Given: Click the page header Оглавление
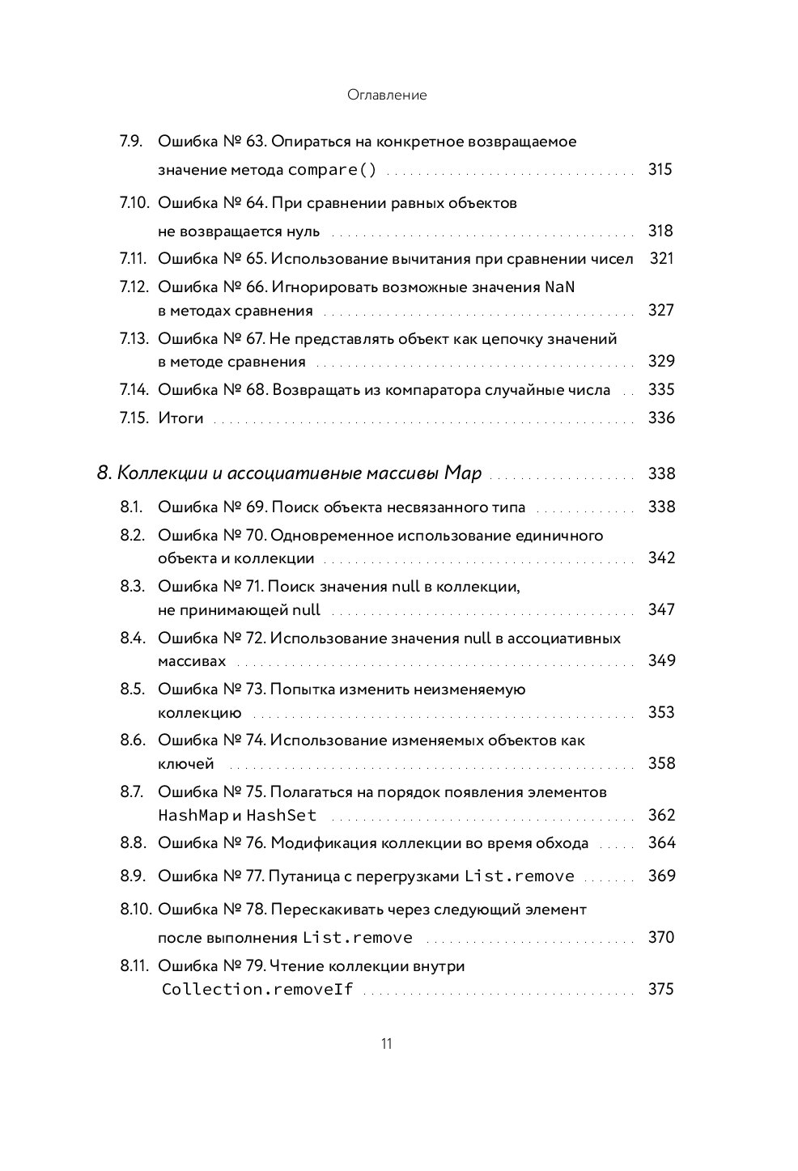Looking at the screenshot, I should (386, 95).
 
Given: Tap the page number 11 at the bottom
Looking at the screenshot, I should (386, 1043).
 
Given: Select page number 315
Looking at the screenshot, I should (660, 169).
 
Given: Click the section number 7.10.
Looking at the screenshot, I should (135, 202).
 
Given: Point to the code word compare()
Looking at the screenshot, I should (333, 170).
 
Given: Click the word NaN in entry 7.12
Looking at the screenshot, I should (559, 286).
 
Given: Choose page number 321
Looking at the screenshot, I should (661, 258).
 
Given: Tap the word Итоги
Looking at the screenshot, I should (180, 418).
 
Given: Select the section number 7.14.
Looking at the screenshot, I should (134, 389).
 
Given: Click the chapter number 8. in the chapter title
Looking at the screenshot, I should (104, 473).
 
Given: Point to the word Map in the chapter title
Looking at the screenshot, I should (464, 473).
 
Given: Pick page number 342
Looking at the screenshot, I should (661, 558).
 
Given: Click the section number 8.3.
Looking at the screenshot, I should (132, 586).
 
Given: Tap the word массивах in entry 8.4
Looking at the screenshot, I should (192, 660).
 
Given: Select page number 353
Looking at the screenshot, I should (661, 712).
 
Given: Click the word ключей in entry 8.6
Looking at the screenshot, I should (185, 763).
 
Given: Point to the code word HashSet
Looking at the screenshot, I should (281, 815).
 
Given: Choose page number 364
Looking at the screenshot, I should (661, 842).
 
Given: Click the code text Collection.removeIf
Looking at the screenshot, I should (257, 989).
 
